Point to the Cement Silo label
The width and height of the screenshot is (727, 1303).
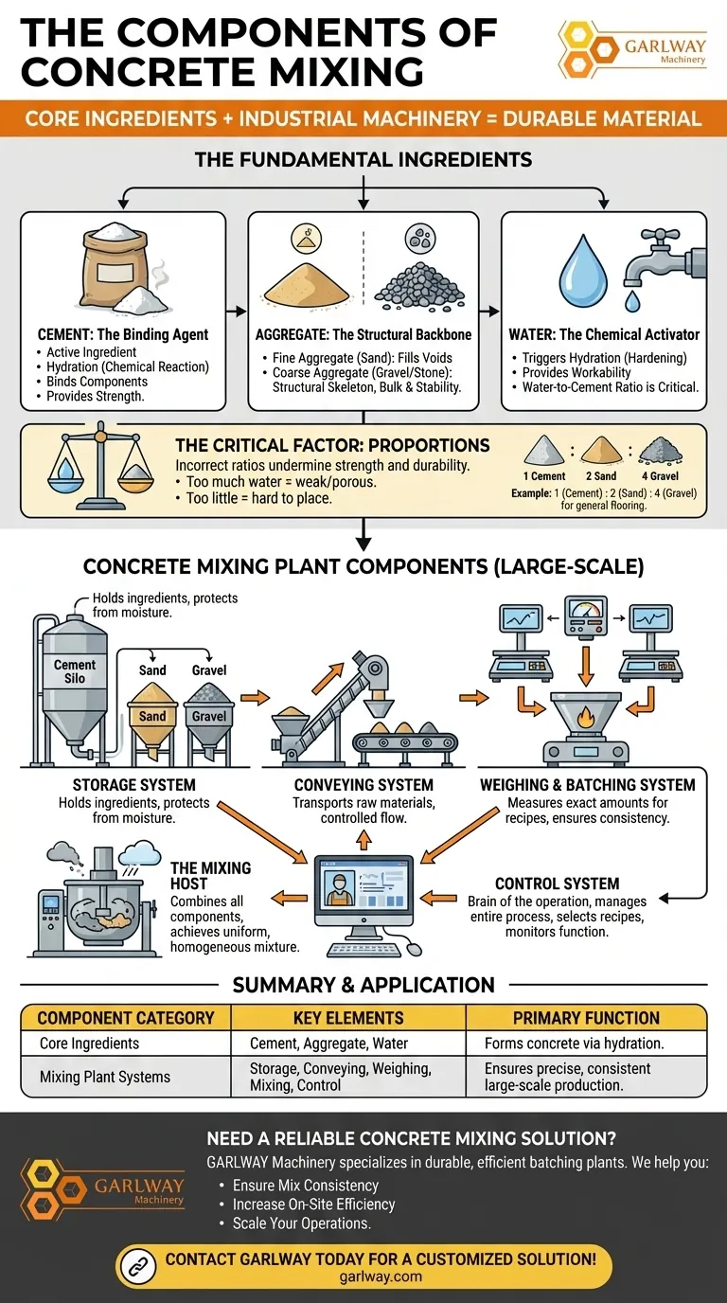(x=75, y=671)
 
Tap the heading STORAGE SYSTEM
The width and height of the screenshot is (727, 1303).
(x=133, y=785)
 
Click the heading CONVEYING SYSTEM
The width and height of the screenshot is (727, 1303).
(x=363, y=785)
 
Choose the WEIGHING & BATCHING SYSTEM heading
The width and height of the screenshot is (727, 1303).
(x=588, y=785)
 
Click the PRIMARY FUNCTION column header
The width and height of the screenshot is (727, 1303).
(x=586, y=1018)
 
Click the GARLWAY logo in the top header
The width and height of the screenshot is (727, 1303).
(x=632, y=49)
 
